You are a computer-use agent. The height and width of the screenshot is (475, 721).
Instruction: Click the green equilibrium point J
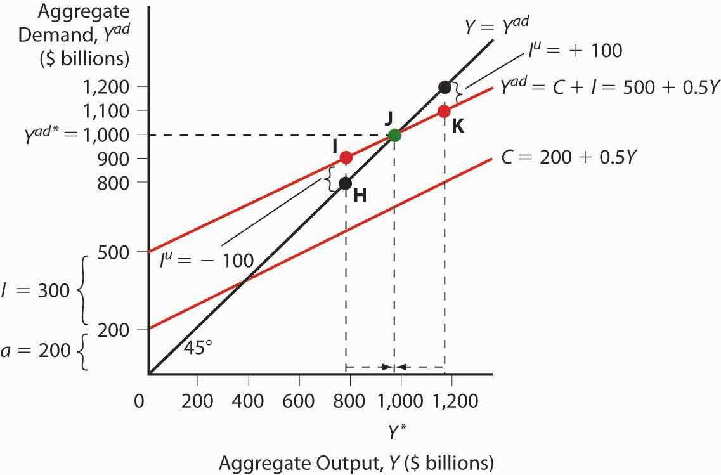(x=394, y=134)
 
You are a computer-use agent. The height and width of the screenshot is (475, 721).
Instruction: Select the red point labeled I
(x=346, y=157)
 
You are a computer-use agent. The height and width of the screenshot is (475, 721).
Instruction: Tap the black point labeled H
(x=345, y=183)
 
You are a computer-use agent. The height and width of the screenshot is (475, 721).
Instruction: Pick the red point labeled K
(x=444, y=111)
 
